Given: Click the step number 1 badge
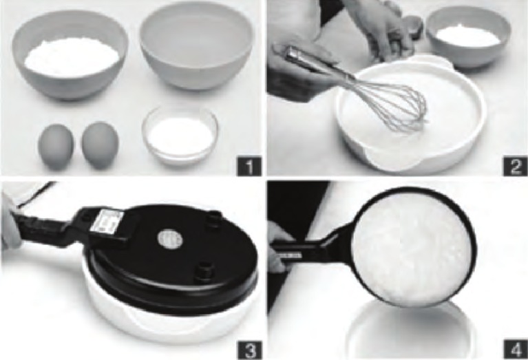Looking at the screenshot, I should click(248, 165).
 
